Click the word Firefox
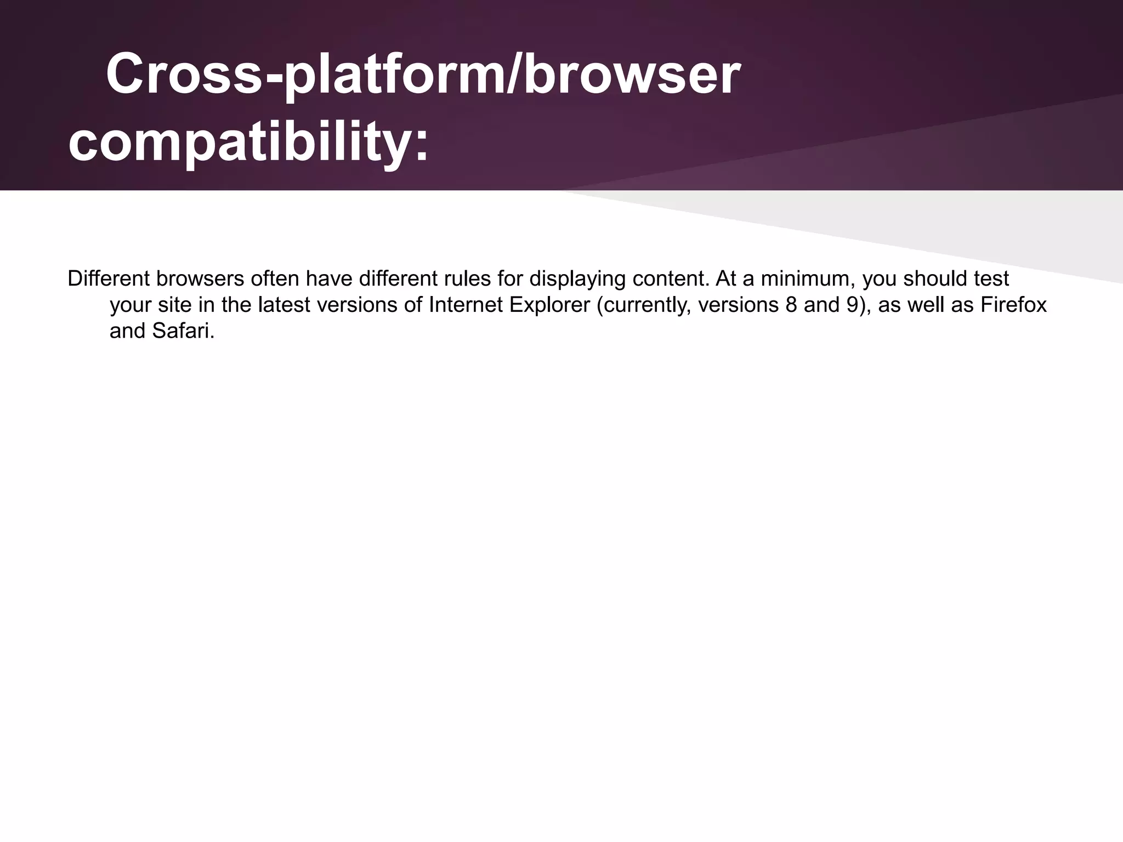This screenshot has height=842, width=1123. pyautogui.click(x=1013, y=305)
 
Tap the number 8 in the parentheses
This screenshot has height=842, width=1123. pyautogui.click(x=791, y=305)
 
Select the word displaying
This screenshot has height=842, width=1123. pyautogui.click(x=577, y=279)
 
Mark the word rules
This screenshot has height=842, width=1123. pyautogui.click(x=464, y=279)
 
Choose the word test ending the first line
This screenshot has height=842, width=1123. pyautogui.click(x=991, y=279)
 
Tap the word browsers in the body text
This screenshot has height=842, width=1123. pyautogui.click(x=200, y=279)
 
